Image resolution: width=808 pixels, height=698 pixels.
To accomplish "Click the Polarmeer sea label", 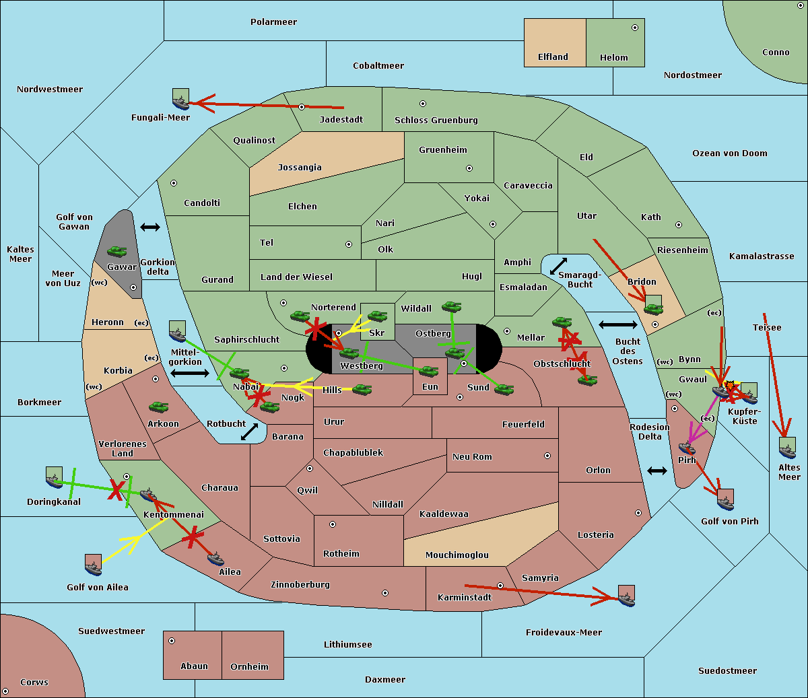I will pos(273,22).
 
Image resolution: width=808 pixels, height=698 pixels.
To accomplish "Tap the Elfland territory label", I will pos(553,57).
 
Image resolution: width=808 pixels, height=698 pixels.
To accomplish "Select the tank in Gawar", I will pos(117,252).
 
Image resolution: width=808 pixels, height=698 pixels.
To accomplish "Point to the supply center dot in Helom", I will pos(634,28).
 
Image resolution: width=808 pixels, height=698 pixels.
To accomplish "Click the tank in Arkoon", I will pos(158,407).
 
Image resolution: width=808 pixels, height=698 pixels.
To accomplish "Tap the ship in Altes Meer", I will pos(787,448).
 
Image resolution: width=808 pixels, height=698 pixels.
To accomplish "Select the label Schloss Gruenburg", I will pos(436,120).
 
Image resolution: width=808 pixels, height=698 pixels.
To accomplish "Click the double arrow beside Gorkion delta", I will pos(150,228).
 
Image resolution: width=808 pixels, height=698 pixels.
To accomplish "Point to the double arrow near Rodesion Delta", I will pos(657,470).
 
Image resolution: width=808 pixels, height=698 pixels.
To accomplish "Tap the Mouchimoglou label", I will pos(457,555).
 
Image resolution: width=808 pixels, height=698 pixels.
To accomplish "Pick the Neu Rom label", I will pos(472,457).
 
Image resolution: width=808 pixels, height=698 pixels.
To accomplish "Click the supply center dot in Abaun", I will pos(172,641).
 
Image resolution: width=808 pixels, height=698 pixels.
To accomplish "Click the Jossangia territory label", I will pos(300,168).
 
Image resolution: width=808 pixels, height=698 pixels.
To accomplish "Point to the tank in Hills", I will pos(362,389).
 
